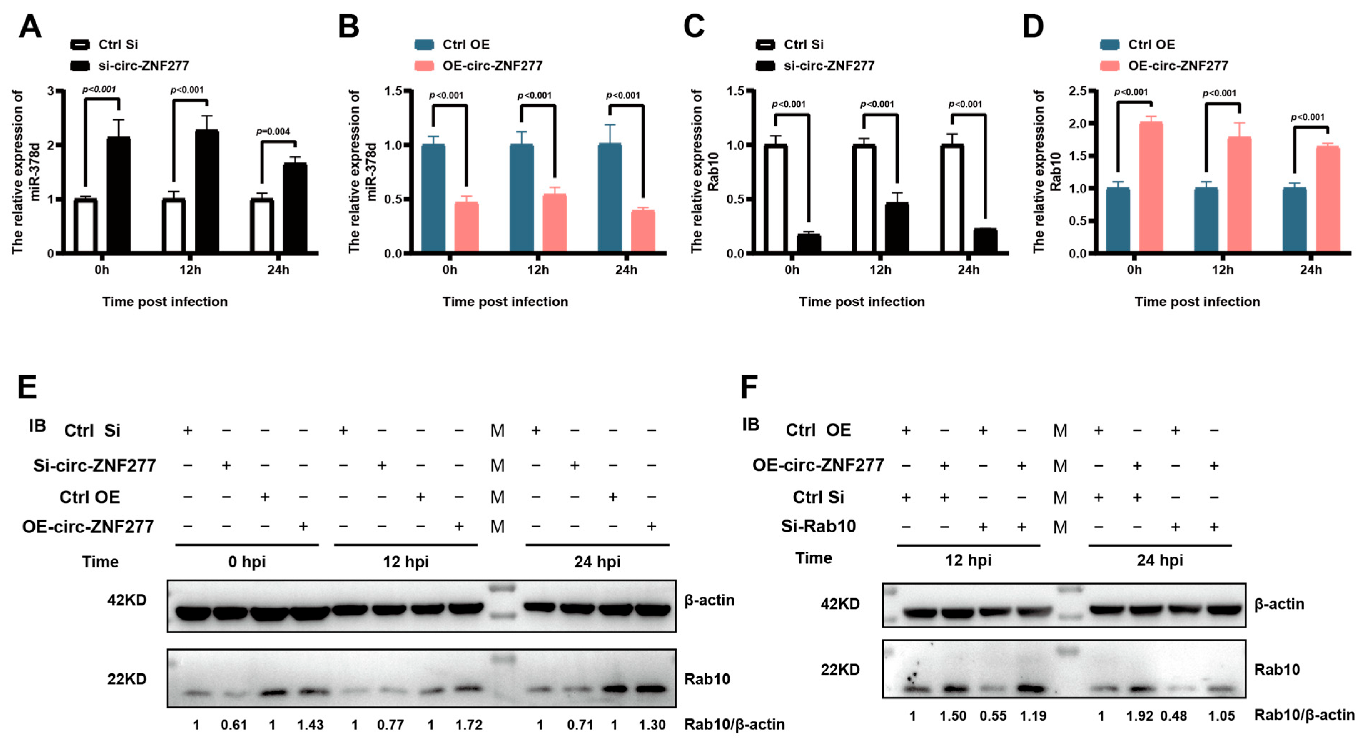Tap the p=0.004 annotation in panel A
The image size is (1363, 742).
pos(273,131)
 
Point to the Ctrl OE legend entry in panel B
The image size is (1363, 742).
pos(466,45)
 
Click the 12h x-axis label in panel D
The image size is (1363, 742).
pos(1223,270)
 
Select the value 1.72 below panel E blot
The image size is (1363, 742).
pos(469,725)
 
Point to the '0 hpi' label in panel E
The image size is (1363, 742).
pos(247,562)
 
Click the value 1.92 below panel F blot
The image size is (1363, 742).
pos(1139,716)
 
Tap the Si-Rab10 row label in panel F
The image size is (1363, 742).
pos(818,526)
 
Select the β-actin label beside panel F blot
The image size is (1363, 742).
pos(1279,604)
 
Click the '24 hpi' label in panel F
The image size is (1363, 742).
pos(1160,560)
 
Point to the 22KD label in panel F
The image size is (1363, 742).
pos(840,670)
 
